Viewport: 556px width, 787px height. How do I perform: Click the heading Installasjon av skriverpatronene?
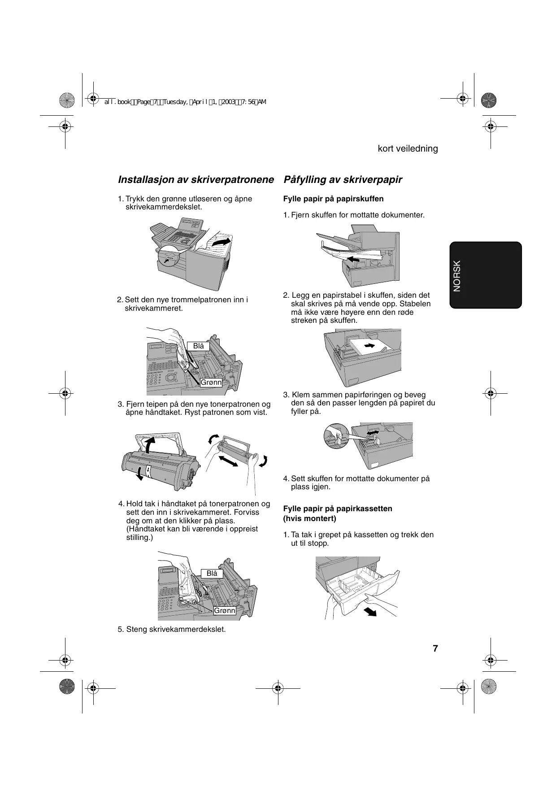[195, 180]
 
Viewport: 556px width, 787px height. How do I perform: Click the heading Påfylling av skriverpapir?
[343, 180]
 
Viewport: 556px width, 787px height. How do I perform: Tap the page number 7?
[435, 648]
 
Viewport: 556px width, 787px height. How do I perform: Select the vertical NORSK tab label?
[457, 276]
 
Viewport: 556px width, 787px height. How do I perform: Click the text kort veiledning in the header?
[408, 148]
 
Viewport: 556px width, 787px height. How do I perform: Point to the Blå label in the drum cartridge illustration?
[199, 346]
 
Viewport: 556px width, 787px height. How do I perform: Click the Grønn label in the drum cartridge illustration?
[211, 383]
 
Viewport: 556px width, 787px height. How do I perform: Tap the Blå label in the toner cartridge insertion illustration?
[212, 574]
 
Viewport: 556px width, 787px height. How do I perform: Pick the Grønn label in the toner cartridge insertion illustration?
[224, 611]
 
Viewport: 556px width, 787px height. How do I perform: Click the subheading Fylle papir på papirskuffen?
[333, 199]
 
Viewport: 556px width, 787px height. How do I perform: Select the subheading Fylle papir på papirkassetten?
[338, 509]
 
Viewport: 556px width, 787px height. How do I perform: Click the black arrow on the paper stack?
[369, 345]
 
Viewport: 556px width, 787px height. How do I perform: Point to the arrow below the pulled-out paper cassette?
[370, 612]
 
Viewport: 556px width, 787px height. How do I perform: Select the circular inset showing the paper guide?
[336, 437]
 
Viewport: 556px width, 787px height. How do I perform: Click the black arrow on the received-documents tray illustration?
[354, 259]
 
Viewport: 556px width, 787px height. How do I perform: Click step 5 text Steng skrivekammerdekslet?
[172, 629]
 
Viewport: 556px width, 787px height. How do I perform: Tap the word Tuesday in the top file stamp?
[175, 102]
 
